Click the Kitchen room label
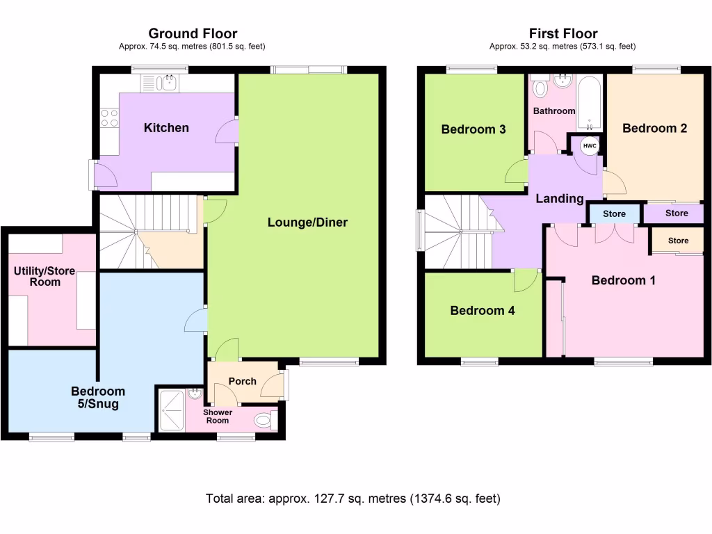tap(166, 128)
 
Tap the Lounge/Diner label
tap(307, 222)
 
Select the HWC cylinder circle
tap(589, 145)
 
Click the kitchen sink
tap(166, 83)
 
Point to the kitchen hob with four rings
tap(109, 118)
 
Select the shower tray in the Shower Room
tap(170, 410)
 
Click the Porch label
tap(243, 381)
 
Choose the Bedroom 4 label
tap(483, 311)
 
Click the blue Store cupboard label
tap(615, 214)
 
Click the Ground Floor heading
tap(193, 33)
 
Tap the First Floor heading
tap(563, 33)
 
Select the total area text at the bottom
tap(353, 499)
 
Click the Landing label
tap(560, 199)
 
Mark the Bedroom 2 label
tap(654, 128)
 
